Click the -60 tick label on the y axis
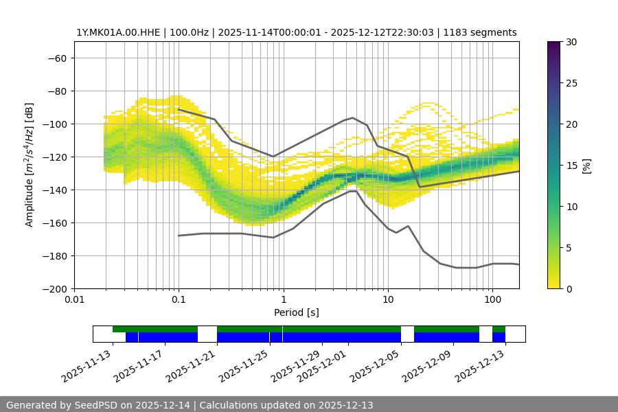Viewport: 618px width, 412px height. point(56,58)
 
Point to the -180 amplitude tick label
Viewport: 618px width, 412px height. point(54,256)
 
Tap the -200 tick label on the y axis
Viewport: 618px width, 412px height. point(54,289)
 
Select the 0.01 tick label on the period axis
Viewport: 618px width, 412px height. point(74,300)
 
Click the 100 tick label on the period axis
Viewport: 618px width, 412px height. point(492,300)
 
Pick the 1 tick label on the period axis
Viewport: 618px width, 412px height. point(283,300)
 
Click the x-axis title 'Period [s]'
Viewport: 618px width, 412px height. point(296,312)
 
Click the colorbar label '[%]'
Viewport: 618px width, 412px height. point(586,165)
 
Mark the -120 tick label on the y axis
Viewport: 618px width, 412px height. point(54,157)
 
